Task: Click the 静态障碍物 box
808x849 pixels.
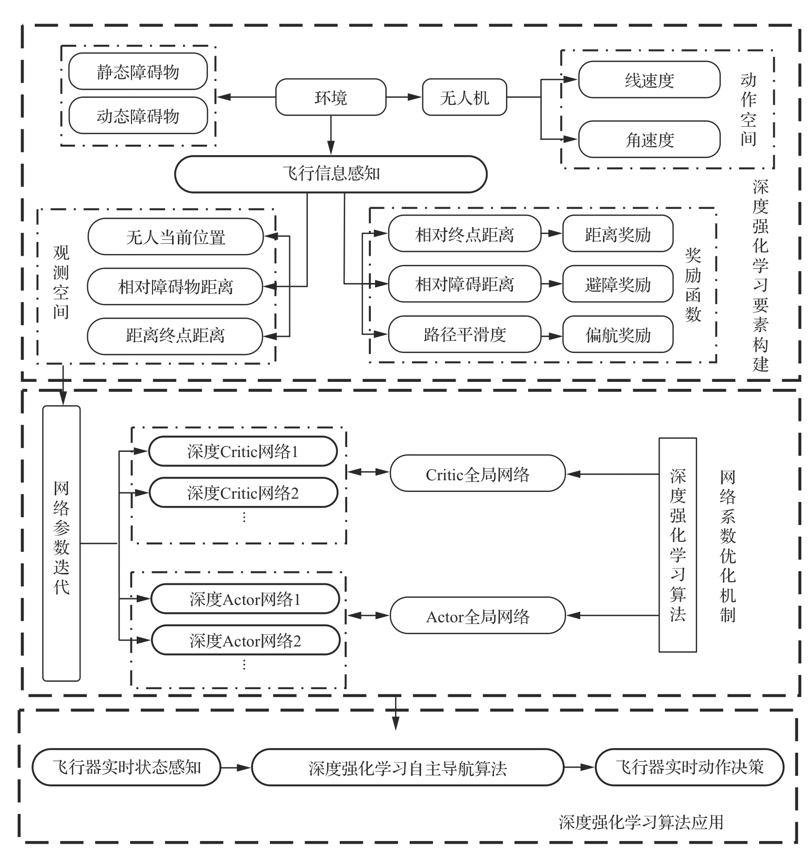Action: point(138,72)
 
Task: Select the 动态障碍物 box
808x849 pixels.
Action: point(138,116)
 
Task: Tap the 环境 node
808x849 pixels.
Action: point(331,97)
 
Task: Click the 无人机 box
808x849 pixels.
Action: point(464,97)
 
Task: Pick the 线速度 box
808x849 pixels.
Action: point(649,80)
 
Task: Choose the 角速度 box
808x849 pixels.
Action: point(649,139)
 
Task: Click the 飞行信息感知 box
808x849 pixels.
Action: point(330,174)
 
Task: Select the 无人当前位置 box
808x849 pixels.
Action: point(175,237)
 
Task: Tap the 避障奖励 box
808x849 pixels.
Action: point(618,284)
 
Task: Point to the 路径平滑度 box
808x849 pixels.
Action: point(464,334)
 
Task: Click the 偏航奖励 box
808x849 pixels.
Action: point(618,335)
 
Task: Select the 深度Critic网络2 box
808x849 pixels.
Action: point(243,493)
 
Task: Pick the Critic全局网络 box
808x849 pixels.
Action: point(477,474)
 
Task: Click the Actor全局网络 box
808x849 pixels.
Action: point(477,616)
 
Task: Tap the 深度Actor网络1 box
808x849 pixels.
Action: point(245,599)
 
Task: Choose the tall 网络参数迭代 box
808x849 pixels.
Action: point(62,543)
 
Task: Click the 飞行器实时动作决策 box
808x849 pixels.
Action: point(689,767)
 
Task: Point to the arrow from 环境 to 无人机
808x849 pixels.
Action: point(404,97)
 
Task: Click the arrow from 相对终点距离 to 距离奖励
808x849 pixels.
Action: point(551,234)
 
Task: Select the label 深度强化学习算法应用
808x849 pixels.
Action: point(641,821)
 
